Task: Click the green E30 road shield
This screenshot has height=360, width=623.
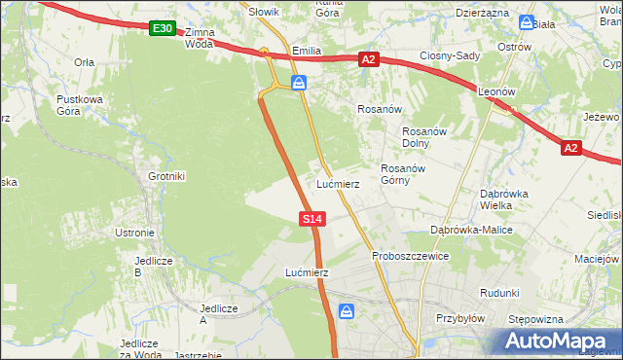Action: pyautogui.click(x=163, y=30)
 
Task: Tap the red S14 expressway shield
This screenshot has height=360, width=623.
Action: pyautogui.click(x=311, y=220)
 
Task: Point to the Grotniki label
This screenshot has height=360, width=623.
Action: pyautogui.click(x=166, y=176)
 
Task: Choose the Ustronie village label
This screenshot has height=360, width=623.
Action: pyautogui.click(x=135, y=233)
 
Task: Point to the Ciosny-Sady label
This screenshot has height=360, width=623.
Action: pyautogui.click(x=450, y=55)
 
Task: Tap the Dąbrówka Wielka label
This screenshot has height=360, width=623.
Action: pyautogui.click(x=503, y=199)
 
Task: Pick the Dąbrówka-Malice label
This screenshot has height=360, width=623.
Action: pyautogui.click(x=472, y=230)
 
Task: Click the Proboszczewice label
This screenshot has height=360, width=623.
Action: pyautogui.click(x=410, y=256)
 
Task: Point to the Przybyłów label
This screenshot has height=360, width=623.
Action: pyautogui.click(x=460, y=317)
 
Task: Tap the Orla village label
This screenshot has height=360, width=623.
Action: pyautogui.click(x=84, y=61)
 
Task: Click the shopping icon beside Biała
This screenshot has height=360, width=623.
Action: pyautogui.click(x=527, y=22)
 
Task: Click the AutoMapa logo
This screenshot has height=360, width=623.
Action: pyautogui.click(x=555, y=341)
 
